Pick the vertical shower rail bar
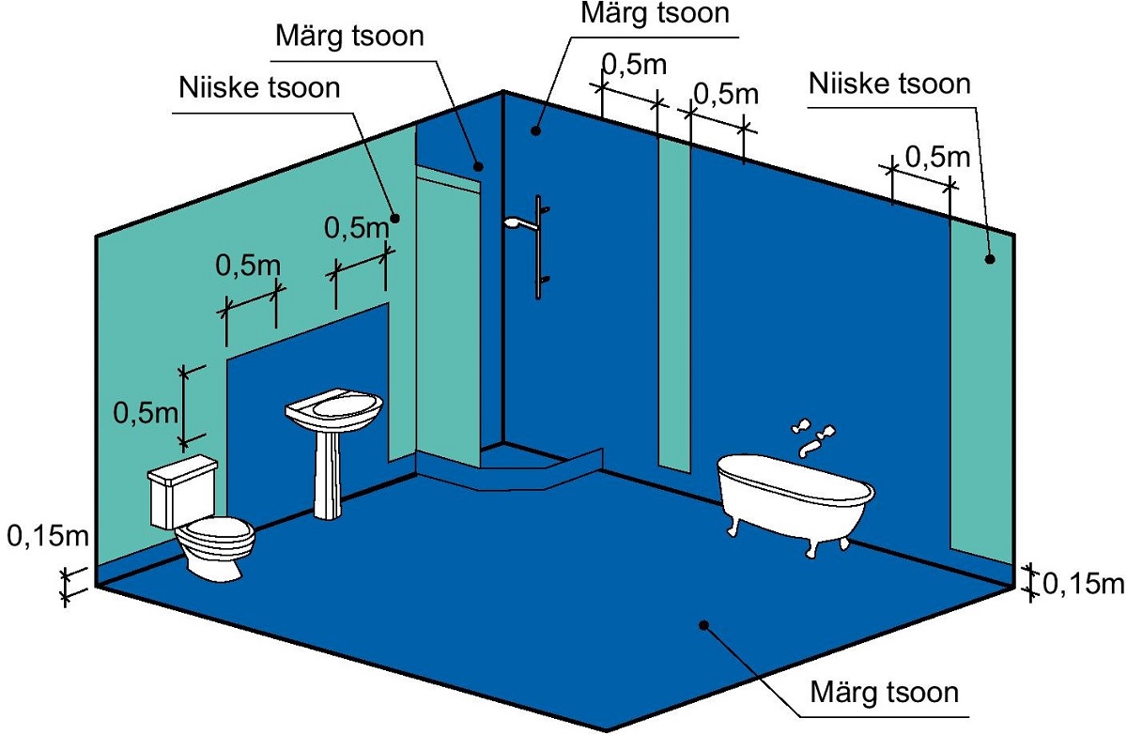[538, 249]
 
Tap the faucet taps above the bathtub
[813, 435]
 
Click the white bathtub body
[795, 488]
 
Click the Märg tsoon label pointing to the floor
[884, 694]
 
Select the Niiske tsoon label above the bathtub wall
[888, 84]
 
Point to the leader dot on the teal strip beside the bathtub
[989, 259]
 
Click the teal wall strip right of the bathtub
[981, 394]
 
